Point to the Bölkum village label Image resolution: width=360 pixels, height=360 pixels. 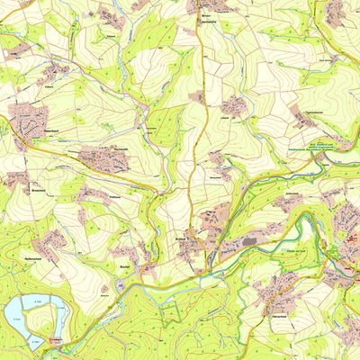pyautogui.click(x=124, y=266)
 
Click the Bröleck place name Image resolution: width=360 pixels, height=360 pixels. pyautogui.click(x=180, y=238)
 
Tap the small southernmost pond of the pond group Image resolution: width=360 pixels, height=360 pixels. pyautogui.click(x=36, y=345)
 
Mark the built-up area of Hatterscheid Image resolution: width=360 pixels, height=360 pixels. pyautogui.click(x=49, y=241)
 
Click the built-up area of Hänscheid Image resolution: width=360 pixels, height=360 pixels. pyautogui.click(x=274, y=289)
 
